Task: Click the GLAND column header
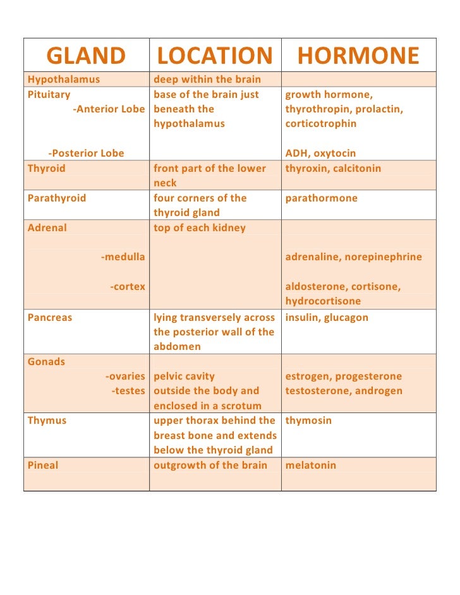(86, 56)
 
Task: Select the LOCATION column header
(214, 56)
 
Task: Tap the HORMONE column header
(358, 56)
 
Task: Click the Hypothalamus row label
(64, 80)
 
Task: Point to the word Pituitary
(49, 95)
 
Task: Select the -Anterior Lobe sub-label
(109, 109)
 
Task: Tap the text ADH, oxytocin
(320, 153)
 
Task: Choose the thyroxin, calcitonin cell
(333, 169)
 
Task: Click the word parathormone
(321, 198)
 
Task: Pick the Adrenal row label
(47, 228)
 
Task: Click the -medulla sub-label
(123, 257)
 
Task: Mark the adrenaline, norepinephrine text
(353, 257)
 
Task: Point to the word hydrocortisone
(323, 301)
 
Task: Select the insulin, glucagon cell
(327, 318)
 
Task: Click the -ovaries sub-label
(125, 376)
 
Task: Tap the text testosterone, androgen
(344, 391)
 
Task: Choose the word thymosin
(308, 421)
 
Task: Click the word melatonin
(311, 466)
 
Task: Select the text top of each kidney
(200, 228)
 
